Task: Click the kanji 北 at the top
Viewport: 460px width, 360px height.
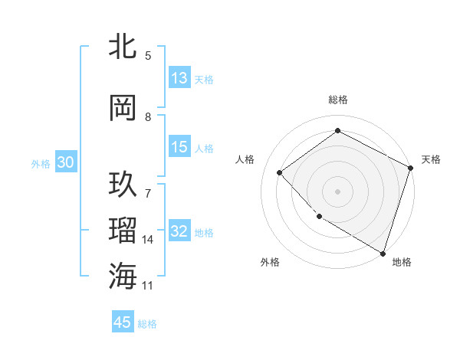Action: point(123,47)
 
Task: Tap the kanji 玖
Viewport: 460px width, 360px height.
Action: point(123,186)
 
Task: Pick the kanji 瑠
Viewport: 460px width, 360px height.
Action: point(123,231)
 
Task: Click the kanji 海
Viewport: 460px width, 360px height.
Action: point(123,275)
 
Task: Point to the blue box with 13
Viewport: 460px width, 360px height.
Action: point(179,78)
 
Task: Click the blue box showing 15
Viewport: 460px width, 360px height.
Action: point(179,147)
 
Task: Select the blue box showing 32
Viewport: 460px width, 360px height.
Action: point(179,232)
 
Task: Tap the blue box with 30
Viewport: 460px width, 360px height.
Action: point(66,163)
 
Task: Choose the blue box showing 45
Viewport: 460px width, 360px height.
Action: point(123,322)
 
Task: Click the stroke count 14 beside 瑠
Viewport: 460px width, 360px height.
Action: point(149,240)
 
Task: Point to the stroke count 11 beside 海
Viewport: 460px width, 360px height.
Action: point(149,286)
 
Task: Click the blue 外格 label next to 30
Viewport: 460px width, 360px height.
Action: point(41,164)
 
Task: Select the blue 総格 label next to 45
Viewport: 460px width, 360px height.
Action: point(147,323)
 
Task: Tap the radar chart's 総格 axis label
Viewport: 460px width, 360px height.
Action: point(337,100)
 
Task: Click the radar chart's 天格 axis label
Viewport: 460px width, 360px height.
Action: point(431,159)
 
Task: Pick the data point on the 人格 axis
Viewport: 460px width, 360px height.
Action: point(280,172)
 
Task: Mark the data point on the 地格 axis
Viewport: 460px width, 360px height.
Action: point(383,253)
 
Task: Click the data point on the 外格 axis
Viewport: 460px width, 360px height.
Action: point(319,216)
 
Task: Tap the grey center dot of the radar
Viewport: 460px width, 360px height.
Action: point(337,191)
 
